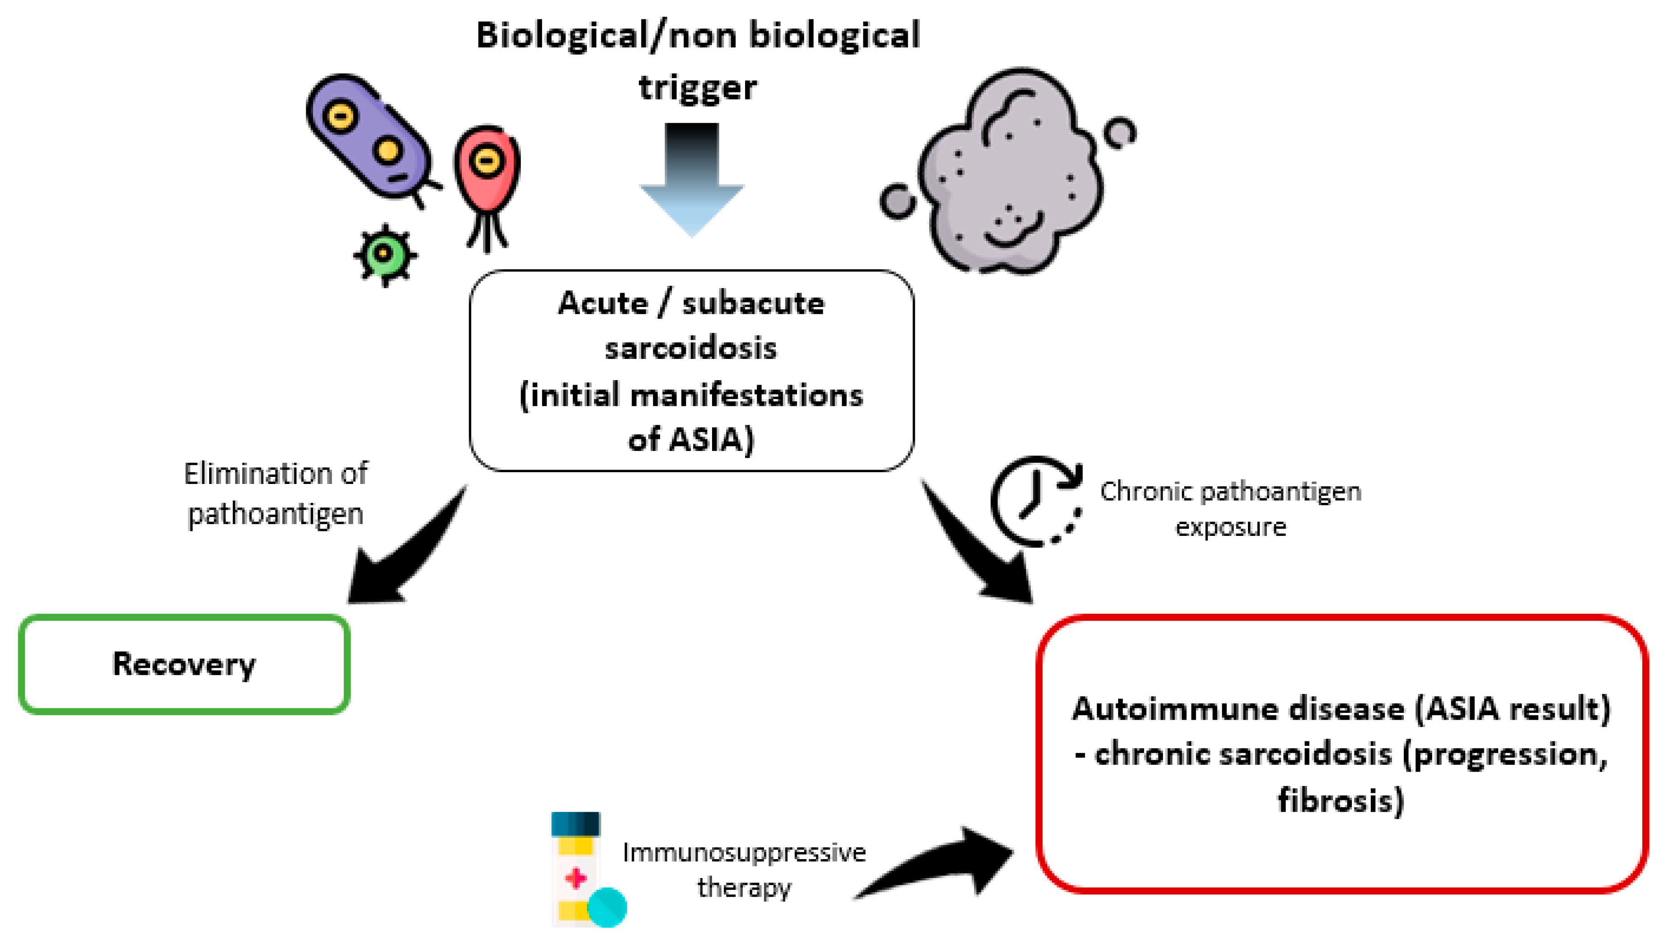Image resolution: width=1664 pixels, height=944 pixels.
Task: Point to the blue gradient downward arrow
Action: (692, 180)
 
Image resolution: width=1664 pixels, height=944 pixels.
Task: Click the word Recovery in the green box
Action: (184, 665)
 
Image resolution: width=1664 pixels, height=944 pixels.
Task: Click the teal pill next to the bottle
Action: (607, 907)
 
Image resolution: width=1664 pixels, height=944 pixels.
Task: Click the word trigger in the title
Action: (698, 88)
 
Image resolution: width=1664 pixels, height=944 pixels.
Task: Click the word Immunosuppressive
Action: (744, 853)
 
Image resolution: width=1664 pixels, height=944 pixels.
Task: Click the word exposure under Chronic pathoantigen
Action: (1231, 528)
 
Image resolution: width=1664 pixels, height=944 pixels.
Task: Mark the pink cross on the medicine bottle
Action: (576, 879)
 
